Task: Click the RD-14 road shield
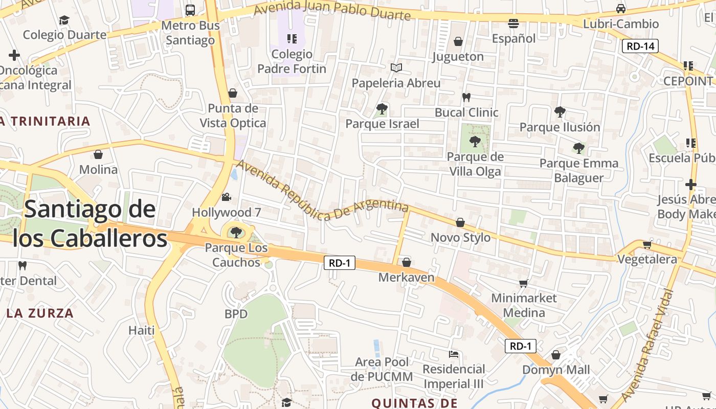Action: [640, 46]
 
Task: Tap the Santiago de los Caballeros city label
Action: [90, 224]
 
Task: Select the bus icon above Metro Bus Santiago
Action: [190, 10]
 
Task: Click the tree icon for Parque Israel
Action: [382, 108]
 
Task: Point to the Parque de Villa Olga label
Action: [475, 164]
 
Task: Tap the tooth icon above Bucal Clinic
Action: [466, 97]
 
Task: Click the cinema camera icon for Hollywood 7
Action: [226, 197]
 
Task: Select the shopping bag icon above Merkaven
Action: [407, 262]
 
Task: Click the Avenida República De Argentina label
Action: [322, 192]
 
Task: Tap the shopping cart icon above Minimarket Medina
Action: [523, 283]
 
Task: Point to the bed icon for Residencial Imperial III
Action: [453, 354]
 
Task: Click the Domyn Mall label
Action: [556, 370]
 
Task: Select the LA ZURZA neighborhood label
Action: [40, 313]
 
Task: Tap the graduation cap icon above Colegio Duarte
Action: [64, 20]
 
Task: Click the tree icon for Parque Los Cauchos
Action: [236, 233]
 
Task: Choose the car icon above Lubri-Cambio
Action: [620, 9]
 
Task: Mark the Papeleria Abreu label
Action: [396, 83]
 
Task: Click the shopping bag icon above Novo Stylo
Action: [460, 222]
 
